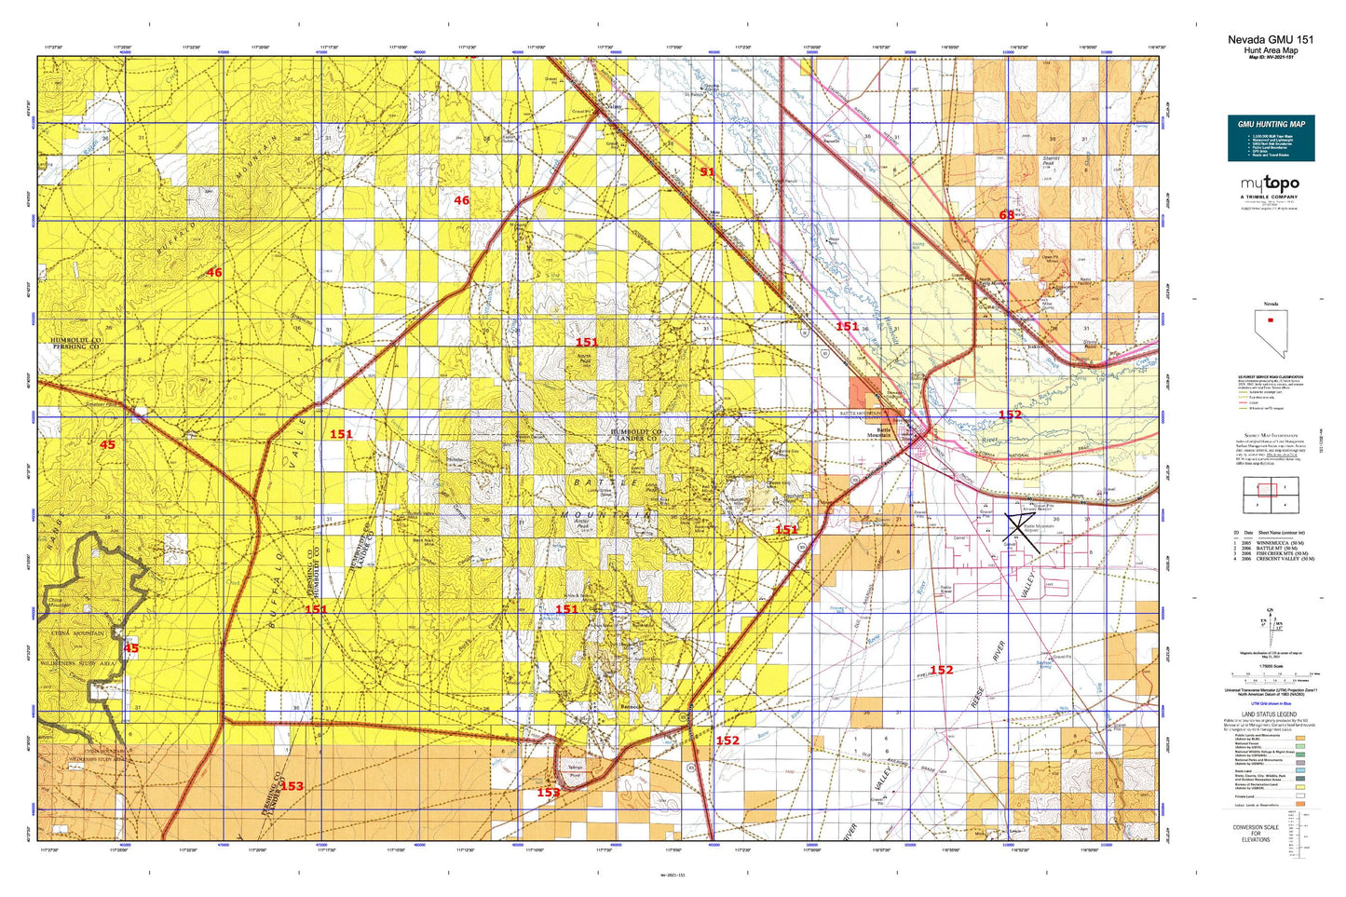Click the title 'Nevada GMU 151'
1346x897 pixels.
pyautogui.click(x=1271, y=39)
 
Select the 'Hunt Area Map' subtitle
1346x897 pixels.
pyautogui.click(x=1271, y=50)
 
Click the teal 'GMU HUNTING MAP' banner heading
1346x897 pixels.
pyautogui.click(x=1271, y=124)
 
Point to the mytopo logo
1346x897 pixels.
pyautogui.click(x=1270, y=185)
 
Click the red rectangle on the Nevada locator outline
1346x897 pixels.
pyautogui.click(x=1271, y=319)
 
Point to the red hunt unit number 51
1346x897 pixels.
pyautogui.click(x=707, y=171)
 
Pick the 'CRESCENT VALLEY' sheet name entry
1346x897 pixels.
pyautogui.click(x=1280, y=559)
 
